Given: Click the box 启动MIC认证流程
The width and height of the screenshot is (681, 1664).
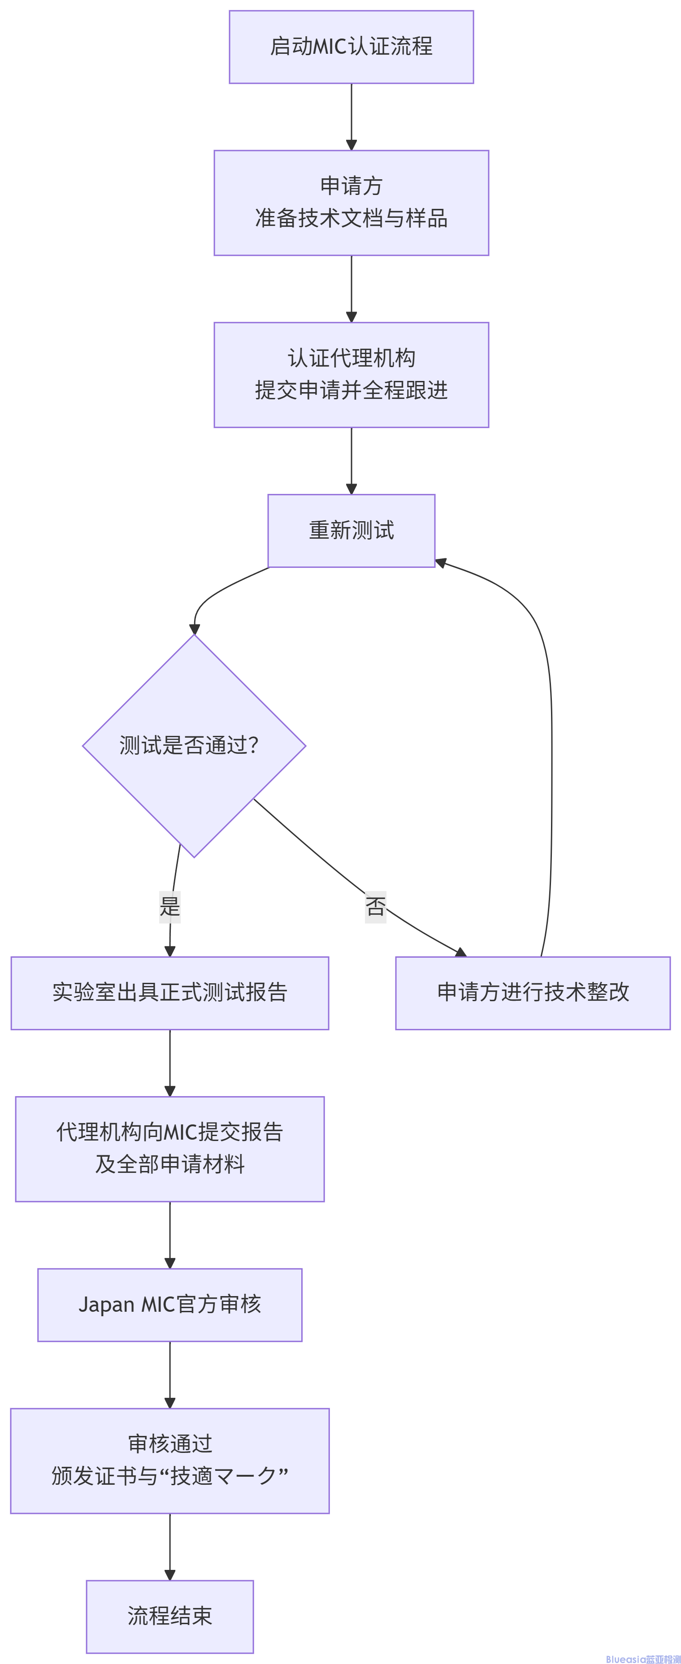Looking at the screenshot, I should coord(351,47).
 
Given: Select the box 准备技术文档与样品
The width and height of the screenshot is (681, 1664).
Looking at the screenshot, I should coord(351,203).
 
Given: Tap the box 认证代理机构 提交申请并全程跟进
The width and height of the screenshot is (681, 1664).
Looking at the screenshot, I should coord(351,375).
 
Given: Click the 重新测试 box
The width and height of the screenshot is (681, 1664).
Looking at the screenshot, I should coord(351,530).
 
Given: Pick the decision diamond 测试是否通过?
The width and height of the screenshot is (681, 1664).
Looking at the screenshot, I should coord(194,745).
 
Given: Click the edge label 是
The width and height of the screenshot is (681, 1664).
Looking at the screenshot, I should coord(169,906).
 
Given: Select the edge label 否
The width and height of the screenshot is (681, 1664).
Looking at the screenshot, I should coord(375,906).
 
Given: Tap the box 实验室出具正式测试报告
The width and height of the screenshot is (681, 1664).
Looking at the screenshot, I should coord(169,992).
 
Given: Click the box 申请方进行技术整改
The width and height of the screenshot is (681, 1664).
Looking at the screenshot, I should coord(533,992).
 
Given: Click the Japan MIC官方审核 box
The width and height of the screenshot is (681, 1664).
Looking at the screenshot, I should coord(169,1304).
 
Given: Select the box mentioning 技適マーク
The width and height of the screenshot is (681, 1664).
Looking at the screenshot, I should coord(169,1461).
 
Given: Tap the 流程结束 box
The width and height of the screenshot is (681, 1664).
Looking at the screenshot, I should coord(169,1616).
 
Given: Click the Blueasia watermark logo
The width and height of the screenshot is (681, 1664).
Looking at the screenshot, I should coord(642,1658).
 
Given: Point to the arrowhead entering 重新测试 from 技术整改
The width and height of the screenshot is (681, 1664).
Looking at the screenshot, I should coord(441,562).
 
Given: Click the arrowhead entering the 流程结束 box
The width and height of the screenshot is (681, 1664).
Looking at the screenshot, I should coord(170,1575).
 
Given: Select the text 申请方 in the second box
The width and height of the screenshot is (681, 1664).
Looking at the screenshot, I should coord(351,186).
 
